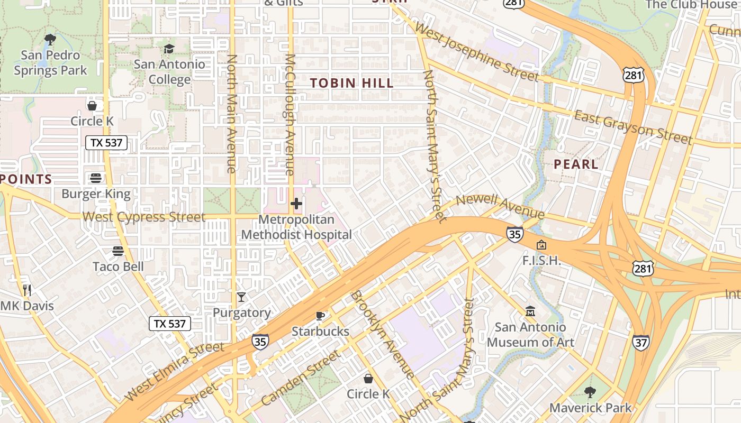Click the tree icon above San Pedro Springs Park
pos(50,39)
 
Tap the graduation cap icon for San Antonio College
pos(169,49)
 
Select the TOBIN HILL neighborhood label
pos(352,83)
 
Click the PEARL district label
pos(576,164)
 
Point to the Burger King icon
pos(96,178)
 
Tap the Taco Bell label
pos(118,266)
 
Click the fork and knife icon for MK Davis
pos(27,290)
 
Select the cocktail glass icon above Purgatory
pos(241,297)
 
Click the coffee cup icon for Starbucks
pos(320,316)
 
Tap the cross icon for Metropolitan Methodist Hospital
pos(296,204)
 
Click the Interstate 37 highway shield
pos(640,342)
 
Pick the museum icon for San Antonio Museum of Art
pos(530,311)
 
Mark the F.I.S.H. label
pos(541,261)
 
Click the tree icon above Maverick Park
pos(590,392)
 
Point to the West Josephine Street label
pos(476,52)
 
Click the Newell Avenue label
pos(500,206)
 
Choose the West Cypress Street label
pos(144,217)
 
